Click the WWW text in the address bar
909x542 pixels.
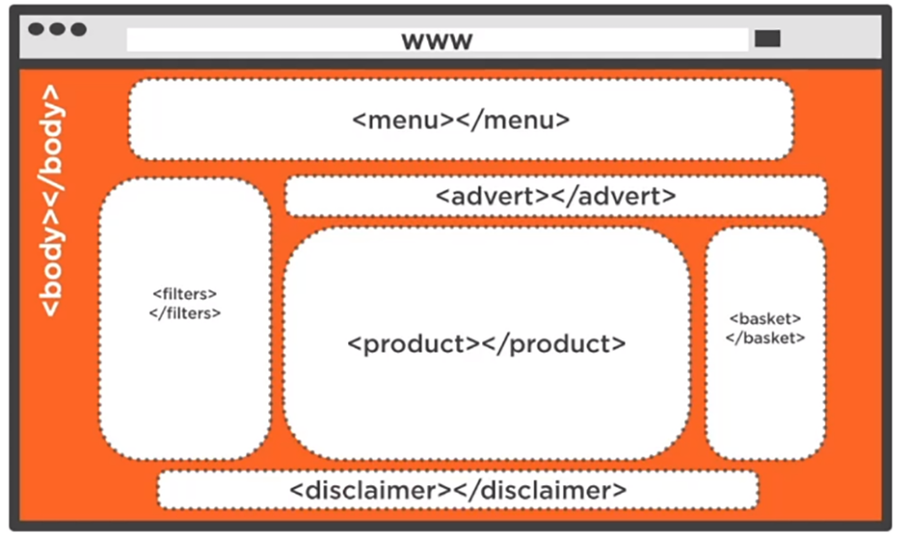pos(437,41)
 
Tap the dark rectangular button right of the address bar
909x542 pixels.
pos(767,38)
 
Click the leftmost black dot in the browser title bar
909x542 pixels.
pos(36,29)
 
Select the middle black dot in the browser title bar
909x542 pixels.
pos(57,29)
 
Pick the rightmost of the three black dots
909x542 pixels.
pos(78,29)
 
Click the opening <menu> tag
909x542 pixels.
pos(403,120)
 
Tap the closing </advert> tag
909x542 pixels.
pos(614,196)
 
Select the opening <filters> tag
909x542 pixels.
pos(185,293)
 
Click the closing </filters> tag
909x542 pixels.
pos(185,313)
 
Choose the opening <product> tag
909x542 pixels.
pos(414,344)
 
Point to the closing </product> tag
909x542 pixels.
pos(553,344)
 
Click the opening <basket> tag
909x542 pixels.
pos(765,318)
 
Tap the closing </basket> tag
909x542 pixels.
pos(765,338)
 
